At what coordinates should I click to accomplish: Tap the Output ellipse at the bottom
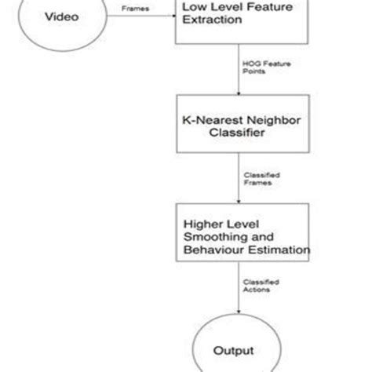(x=239, y=347)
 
